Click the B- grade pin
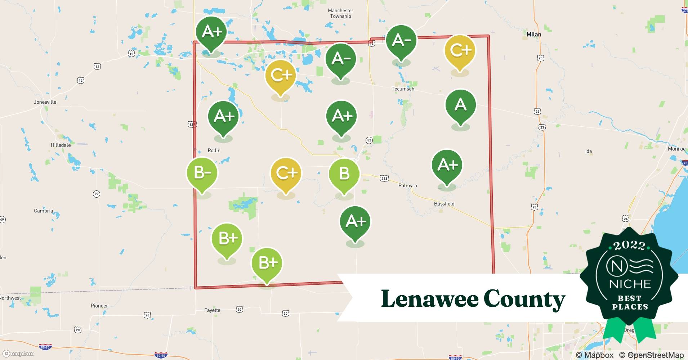point(202,173)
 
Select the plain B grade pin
point(344,174)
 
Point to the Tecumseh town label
point(403,89)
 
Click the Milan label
point(533,35)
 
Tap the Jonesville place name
point(45,102)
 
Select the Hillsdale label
point(61,145)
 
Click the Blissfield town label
point(444,204)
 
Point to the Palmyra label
point(407,186)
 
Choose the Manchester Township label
point(340,13)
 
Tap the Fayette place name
point(212,310)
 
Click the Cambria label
point(43,211)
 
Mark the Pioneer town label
point(99,306)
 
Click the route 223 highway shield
point(384,179)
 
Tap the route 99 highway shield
point(96,194)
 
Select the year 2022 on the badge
point(629,246)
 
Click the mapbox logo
point(18,354)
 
